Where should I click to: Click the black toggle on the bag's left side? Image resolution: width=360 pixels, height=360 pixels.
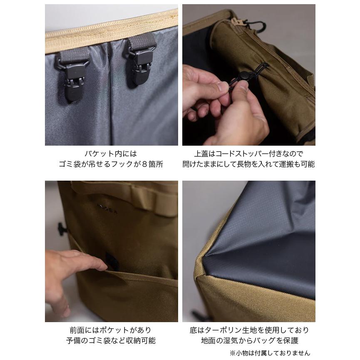coord(61,228)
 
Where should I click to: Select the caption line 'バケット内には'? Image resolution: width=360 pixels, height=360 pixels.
coord(111,154)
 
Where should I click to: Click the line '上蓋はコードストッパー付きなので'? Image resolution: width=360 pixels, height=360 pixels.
coord(248,154)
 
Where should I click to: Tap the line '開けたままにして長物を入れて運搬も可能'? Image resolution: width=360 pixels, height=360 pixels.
coord(248,164)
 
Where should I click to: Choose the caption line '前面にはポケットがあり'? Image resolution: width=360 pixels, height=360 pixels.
coord(111,330)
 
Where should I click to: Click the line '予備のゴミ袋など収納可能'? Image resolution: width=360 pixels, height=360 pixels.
coord(111,340)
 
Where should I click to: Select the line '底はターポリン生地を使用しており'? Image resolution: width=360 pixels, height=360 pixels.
coord(248,330)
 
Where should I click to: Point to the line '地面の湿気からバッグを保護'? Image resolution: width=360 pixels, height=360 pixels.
coord(248,340)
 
